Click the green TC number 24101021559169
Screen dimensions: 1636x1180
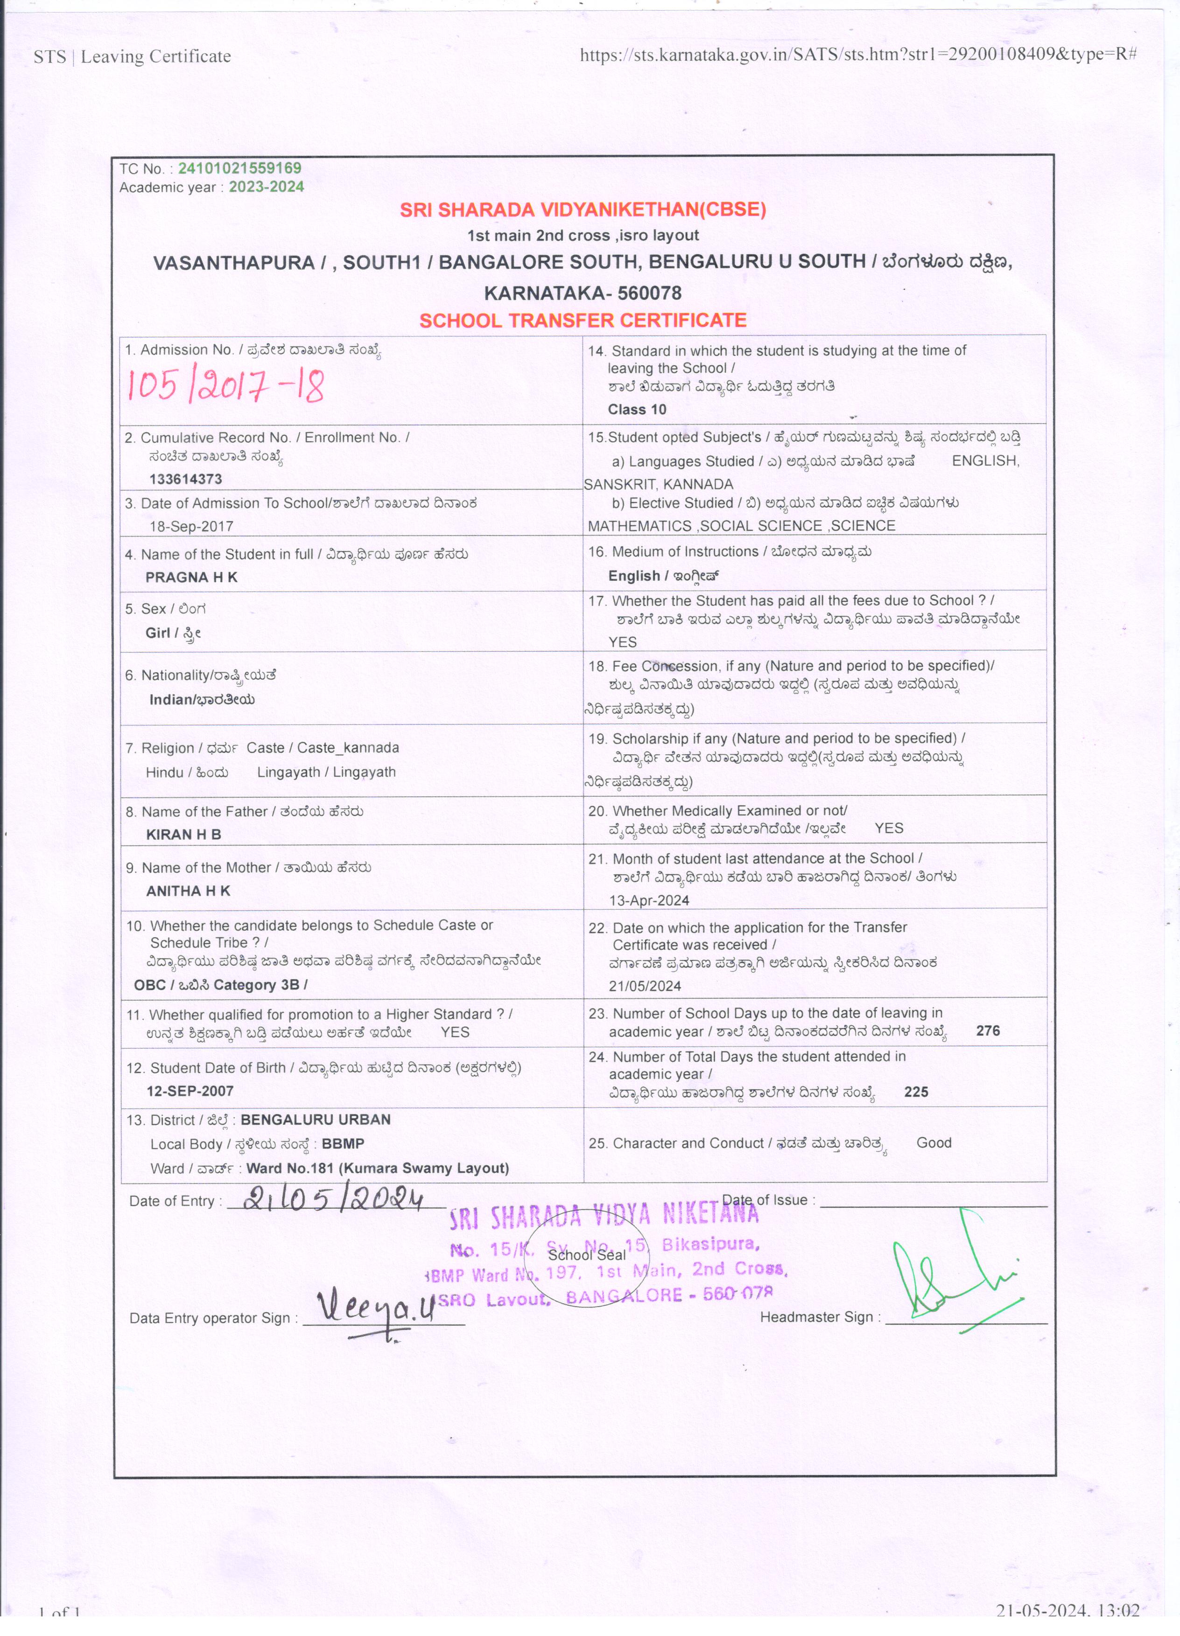pyautogui.click(x=239, y=168)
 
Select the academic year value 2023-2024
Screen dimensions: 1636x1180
pyautogui.click(x=267, y=187)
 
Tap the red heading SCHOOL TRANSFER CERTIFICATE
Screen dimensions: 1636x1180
pyautogui.click(x=583, y=320)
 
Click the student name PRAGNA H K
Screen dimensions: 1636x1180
pyautogui.click(x=191, y=577)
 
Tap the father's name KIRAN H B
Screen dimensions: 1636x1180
pyautogui.click(x=183, y=835)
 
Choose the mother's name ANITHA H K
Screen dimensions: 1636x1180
pyautogui.click(x=188, y=891)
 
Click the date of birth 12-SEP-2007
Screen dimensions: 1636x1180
pyautogui.click(x=190, y=1091)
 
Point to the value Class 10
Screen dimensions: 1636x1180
pyautogui.click(x=637, y=410)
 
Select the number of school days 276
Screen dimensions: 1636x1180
pyautogui.click(x=987, y=1031)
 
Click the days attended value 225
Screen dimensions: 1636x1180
pyautogui.click(x=916, y=1092)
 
